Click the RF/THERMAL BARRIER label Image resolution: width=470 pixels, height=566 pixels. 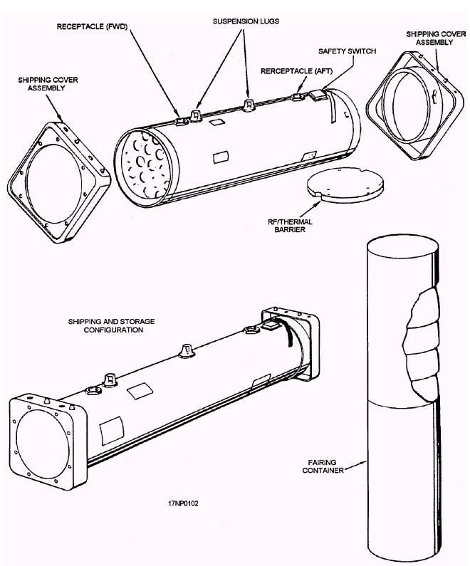coord(300,226)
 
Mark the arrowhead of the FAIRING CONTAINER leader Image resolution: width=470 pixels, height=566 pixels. coord(364,461)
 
